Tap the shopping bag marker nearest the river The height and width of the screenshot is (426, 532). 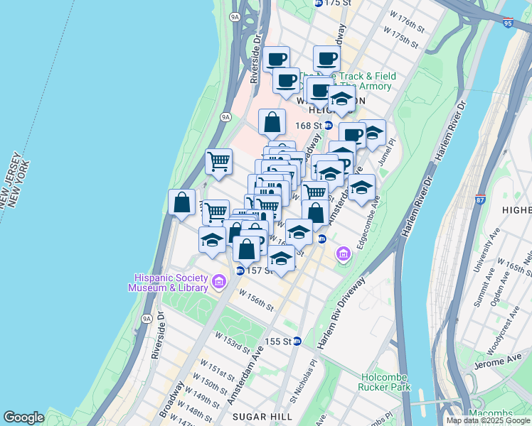pyautogui.click(x=182, y=202)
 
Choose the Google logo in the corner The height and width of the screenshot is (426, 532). pyautogui.click(x=24, y=417)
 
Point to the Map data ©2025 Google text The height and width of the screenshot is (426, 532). pyautogui.click(x=489, y=420)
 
